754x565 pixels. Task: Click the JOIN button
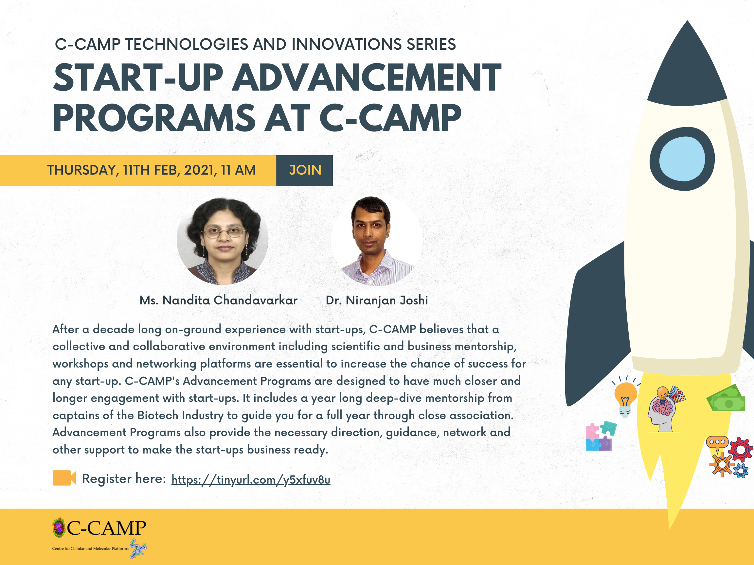[x=304, y=170]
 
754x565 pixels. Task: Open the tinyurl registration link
[x=251, y=480]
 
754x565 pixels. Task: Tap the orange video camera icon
[x=64, y=478]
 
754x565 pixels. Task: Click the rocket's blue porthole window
[x=682, y=159]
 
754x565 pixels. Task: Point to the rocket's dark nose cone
[x=687, y=68]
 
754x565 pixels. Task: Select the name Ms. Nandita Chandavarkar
[x=219, y=300]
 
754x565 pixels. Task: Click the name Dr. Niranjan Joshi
[x=377, y=300]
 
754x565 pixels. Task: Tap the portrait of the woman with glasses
[x=222, y=240]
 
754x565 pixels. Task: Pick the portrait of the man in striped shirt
[x=377, y=240]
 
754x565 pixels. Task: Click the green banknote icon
[x=726, y=399]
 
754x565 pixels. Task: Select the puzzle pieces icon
[x=601, y=436]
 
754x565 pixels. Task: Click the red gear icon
[x=740, y=450]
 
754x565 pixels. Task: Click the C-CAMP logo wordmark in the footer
[x=106, y=528]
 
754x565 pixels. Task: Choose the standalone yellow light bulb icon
[x=625, y=398]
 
